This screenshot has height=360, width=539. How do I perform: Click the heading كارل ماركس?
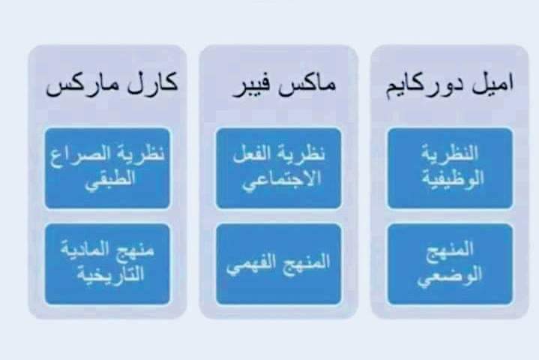coord(112,84)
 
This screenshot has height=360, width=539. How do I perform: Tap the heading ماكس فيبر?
coord(284,86)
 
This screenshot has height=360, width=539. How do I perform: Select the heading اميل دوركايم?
coord(449,86)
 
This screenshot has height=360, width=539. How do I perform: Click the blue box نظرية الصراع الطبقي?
coord(107,168)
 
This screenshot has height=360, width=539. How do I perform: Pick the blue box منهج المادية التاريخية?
coord(107,264)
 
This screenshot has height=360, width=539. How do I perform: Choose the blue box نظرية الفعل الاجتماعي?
coord(279,168)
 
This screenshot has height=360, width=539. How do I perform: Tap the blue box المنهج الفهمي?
coord(279,264)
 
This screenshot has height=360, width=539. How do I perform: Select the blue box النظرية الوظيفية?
coord(450,168)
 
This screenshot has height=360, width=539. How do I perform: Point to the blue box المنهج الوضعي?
coord(450,264)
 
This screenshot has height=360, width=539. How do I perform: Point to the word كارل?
coord(153,82)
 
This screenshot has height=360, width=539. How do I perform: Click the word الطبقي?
coord(109,181)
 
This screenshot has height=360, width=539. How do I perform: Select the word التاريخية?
coord(110,274)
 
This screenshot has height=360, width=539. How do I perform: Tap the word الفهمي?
coord(247,265)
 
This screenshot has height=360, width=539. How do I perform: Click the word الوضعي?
coord(449,276)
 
